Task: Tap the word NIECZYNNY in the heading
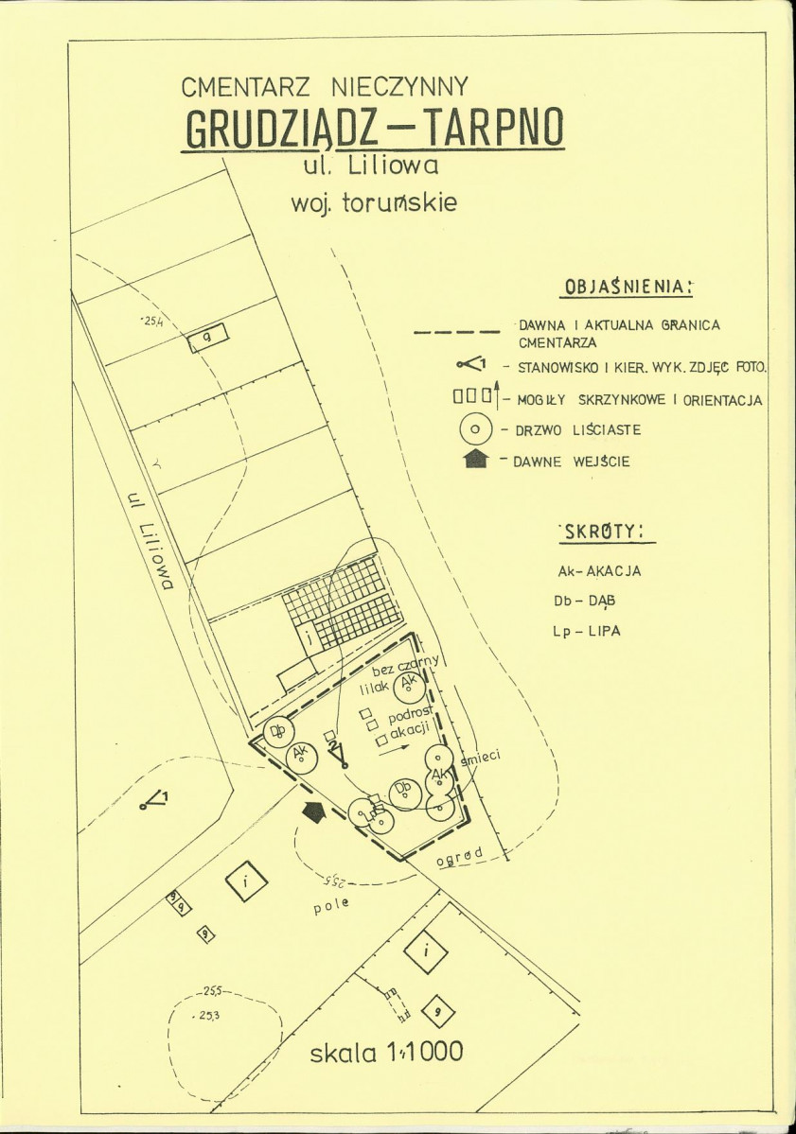click(398, 88)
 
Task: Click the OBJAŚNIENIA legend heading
click(628, 286)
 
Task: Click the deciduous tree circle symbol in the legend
click(476, 430)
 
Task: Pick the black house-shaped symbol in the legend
click(477, 461)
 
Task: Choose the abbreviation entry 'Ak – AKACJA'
click(599, 571)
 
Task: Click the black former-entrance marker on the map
click(313, 811)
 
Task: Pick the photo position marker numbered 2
click(337, 754)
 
